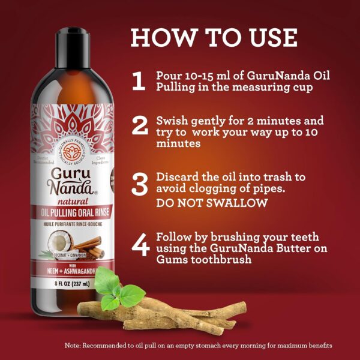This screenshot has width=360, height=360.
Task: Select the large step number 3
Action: tap(139, 184)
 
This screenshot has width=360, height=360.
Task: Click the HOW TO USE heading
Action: tap(214, 37)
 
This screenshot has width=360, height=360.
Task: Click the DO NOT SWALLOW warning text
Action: tap(211, 203)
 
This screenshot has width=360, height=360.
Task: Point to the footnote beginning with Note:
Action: tap(198, 346)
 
